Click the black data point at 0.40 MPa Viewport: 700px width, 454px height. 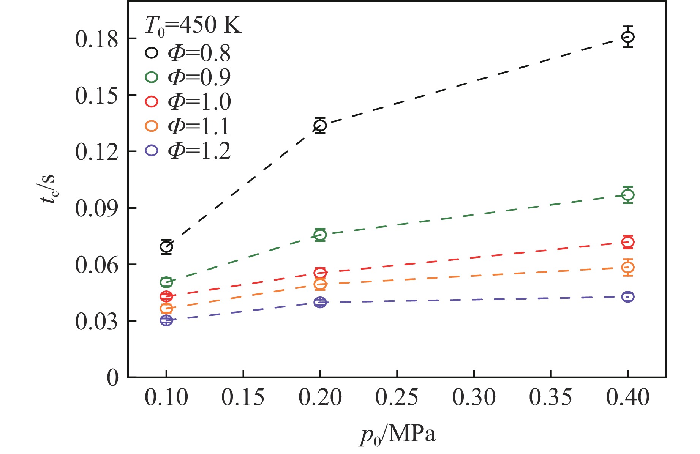[x=628, y=37]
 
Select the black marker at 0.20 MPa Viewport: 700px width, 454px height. [x=320, y=125]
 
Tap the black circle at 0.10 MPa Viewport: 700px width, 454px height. [x=166, y=247]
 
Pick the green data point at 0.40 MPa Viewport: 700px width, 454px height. [x=628, y=195]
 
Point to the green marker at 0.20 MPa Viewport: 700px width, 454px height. [x=320, y=235]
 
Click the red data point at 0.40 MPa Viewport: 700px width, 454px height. [x=628, y=242]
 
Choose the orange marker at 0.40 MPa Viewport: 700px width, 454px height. [x=628, y=267]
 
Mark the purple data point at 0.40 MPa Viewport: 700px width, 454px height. [x=628, y=297]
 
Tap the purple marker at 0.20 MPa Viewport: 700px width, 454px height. [x=320, y=303]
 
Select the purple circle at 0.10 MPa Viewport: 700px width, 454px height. [x=166, y=320]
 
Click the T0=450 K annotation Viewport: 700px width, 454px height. [x=193, y=27]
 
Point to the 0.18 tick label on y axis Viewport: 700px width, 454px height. [x=97, y=39]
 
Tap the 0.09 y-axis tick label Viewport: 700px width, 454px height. [x=97, y=208]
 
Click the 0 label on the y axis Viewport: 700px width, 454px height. [x=112, y=377]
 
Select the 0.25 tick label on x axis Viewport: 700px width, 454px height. [x=397, y=397]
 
